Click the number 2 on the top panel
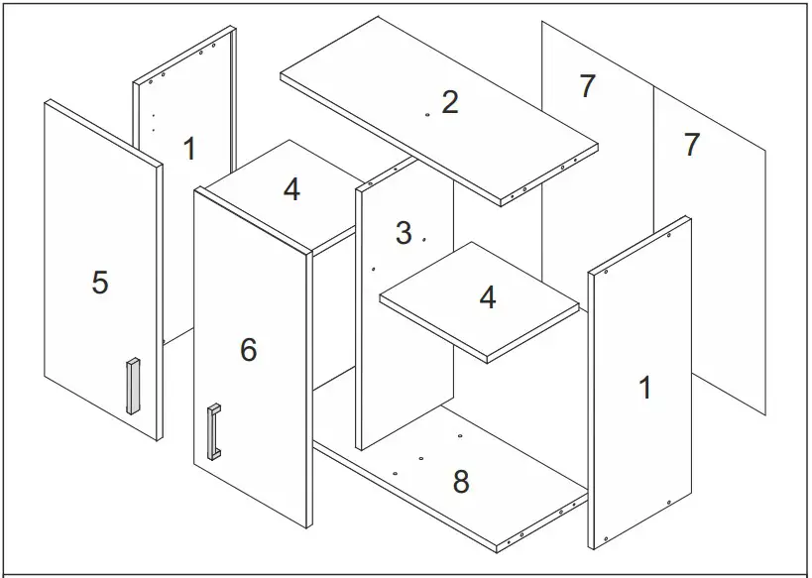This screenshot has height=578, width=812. click(450, 101)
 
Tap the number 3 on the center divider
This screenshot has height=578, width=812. click(403, 233)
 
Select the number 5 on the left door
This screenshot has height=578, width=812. click(99, 283)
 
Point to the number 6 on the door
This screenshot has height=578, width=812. click(248, 349)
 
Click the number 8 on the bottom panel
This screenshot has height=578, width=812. click(460, 482)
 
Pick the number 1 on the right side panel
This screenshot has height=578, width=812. click(645, 387)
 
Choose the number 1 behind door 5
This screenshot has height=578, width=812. click(189, 149)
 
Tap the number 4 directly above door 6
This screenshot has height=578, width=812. click(291, 188)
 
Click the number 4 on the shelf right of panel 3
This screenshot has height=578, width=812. click(487, 296)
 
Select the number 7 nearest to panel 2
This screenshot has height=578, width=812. click(587, 86)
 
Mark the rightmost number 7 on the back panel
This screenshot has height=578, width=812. click(692, 144)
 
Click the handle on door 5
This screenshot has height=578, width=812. click(131, 386)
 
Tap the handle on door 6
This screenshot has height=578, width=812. click(212, 432)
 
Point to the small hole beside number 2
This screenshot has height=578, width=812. click(426, 115)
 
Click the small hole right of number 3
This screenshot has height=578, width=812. click(423, 239)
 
